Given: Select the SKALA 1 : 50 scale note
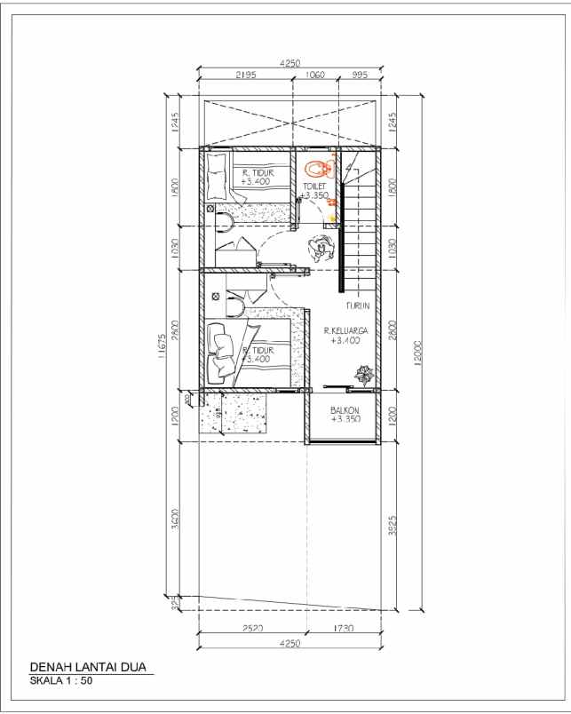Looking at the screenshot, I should tap(61, 682).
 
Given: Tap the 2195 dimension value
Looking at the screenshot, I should tap(247, 75).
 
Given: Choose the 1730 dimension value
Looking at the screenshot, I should tap(341, 629).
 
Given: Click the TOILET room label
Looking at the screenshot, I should tap(315, 186).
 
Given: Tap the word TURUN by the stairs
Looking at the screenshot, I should tap(357, 306).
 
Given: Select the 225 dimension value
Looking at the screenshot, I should tap(176, 603).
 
